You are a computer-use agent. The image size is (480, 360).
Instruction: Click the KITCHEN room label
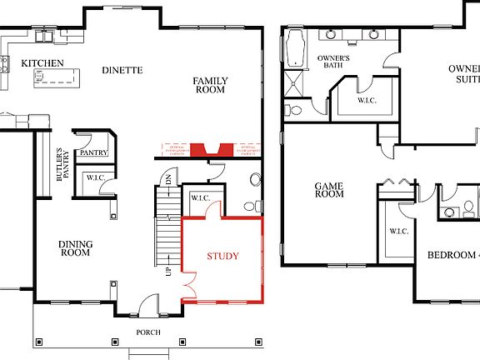tap(42, 63)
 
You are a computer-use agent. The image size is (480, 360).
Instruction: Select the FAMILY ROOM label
tap(211, 85)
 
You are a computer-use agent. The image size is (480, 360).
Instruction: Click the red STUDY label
tap(222, 256)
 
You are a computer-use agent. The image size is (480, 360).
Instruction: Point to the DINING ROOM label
tap(75, 247)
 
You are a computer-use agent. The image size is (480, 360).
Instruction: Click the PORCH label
tap(148, 332)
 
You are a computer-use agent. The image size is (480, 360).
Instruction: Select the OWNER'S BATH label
tap(332, 63)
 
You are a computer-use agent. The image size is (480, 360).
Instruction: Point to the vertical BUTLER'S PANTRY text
tap(59, 165)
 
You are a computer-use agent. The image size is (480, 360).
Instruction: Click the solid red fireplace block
tap(201, 150)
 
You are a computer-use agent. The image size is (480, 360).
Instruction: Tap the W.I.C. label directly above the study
tap(200, 197)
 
